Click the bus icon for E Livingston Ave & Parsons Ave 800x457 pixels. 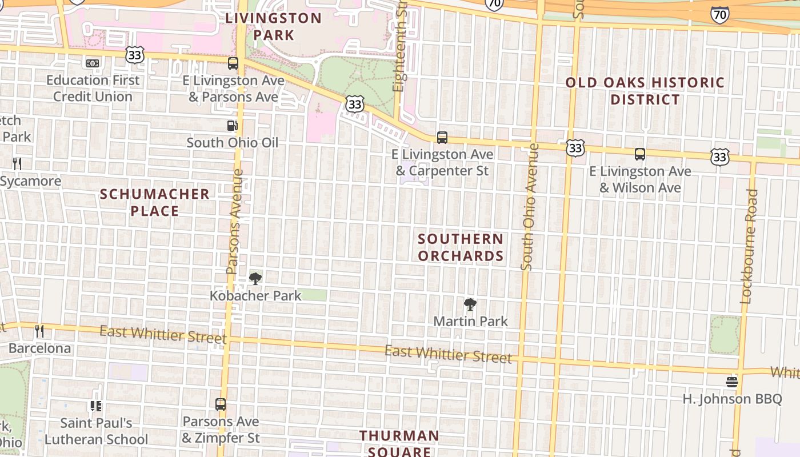(x=233, y=63)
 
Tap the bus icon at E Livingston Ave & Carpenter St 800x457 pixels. (x=442, y=138)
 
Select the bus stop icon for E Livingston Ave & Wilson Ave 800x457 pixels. (x=640, y=154)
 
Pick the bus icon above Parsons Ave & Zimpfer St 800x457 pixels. (x=221, y=404)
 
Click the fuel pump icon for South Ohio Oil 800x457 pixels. (x=232, y=126)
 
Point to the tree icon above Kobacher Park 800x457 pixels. (x=255, y=279)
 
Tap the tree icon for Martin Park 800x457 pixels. (x=470, y=304)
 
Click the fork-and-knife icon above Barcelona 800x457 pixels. (x=39, y=331)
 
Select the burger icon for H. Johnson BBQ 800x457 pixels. (x=732, y=382)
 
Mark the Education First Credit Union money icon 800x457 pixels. (x=93, y=63)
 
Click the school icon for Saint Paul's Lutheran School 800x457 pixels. (x=95, y=406)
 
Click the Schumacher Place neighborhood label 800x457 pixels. (x=154, y=203)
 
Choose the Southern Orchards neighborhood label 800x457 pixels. (x=461, y=247)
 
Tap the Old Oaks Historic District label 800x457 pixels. (x=645, y=91)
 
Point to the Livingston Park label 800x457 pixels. (x=273, y=26)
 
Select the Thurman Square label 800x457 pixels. (x=399, y=443)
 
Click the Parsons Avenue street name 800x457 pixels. (x=235, y=221)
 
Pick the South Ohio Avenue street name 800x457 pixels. (x=529, y=206)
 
